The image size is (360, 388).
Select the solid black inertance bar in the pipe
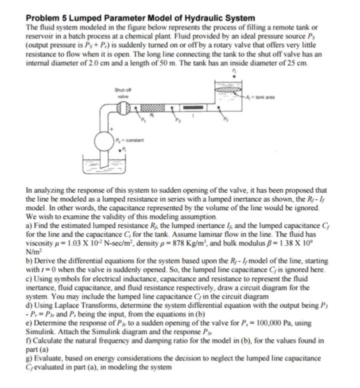[x=191, y=107]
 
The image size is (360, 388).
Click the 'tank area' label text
[x=264, y=96]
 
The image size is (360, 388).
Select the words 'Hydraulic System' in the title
[x=221, y=18]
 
